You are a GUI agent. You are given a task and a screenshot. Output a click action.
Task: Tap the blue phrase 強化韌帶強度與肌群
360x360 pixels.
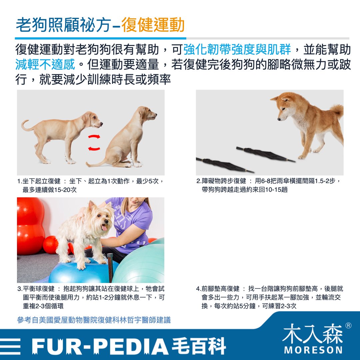[x=237, y=49]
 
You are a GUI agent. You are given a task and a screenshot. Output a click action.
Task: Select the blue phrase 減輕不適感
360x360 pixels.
[x=45, y=64]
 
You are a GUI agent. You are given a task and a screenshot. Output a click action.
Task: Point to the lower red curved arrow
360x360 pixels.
[x=94, y=149]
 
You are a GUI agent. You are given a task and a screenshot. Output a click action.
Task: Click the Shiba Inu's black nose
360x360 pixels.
[x=279, y=119]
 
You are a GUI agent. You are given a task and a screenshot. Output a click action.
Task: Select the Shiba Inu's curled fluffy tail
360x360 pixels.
[x=337, y=111]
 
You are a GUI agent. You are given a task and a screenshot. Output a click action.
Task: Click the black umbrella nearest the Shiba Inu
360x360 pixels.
[x=265, y=154]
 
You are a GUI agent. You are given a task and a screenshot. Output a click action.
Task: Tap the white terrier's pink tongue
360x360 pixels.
[x=104, y=228]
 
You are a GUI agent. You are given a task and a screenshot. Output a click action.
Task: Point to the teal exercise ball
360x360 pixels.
[x=139, y=264]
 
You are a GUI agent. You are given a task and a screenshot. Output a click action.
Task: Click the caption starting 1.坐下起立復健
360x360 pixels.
[x=90, y=186]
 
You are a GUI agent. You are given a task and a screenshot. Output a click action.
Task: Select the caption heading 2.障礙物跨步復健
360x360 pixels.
[x=221, y=181]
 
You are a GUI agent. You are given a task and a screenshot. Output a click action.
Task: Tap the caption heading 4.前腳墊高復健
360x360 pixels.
[x=218, y=289]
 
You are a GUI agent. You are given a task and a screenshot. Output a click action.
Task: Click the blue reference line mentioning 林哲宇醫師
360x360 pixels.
[x=94, y=320]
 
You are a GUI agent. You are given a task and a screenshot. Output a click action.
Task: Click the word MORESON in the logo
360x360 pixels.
[x=313, y=350]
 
